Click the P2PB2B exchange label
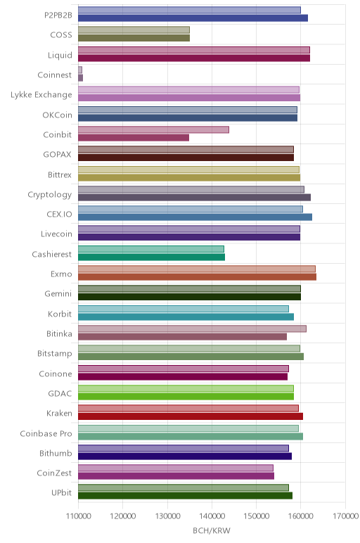58,15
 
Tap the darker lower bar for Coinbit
134,138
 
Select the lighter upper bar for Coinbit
153,130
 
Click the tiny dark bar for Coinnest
80,78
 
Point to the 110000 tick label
78,516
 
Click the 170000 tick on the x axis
345,516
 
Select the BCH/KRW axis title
212,530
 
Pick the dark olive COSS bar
134,38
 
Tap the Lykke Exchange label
41,94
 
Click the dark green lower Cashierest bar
152,257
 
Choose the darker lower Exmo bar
198,277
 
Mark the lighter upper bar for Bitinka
192,328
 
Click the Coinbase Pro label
46,433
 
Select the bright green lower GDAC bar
186,397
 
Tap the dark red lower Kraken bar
191,416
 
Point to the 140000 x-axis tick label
212,516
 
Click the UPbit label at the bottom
62,493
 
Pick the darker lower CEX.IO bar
195,217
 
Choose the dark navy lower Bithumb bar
185,456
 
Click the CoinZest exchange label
54,473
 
